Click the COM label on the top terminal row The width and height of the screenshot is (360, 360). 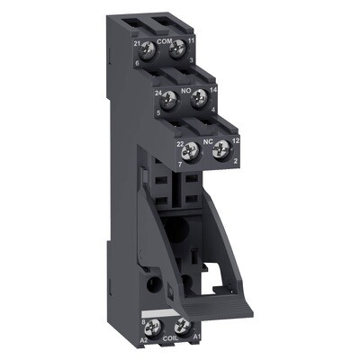coord(166,40)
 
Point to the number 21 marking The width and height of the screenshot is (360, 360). coord(137,42)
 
